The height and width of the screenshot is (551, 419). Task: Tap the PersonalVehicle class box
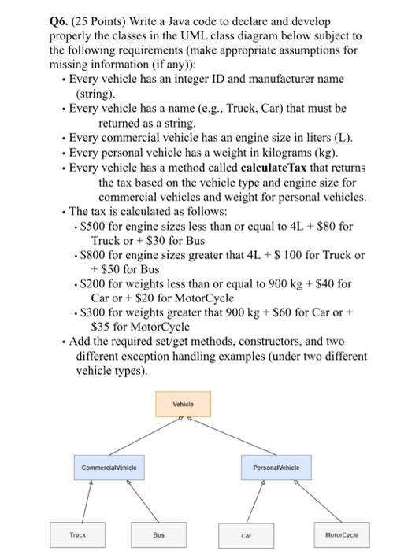click(x=272, y=468)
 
